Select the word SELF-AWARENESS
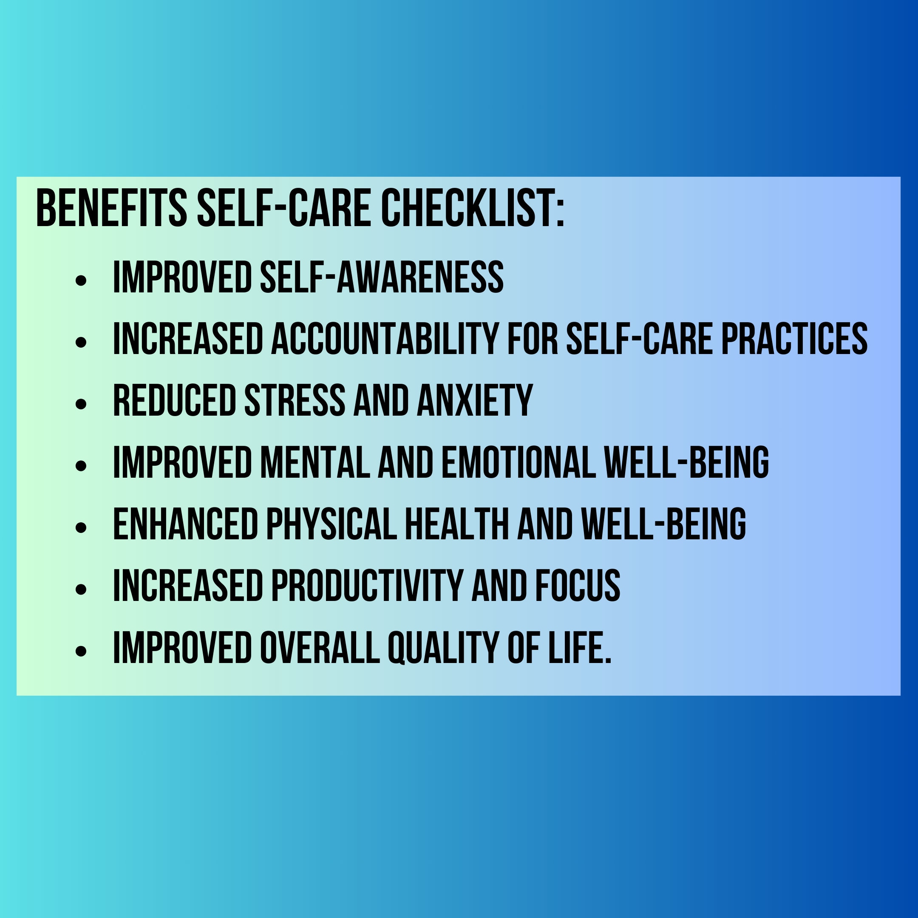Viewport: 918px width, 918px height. click(382, 278)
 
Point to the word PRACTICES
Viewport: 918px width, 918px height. click(794, 339)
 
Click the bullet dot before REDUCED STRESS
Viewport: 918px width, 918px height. click(81, 403)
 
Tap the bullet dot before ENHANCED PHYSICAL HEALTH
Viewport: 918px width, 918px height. click(81, 527)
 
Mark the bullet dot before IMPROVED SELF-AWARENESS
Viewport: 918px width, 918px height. click(81, 280)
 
